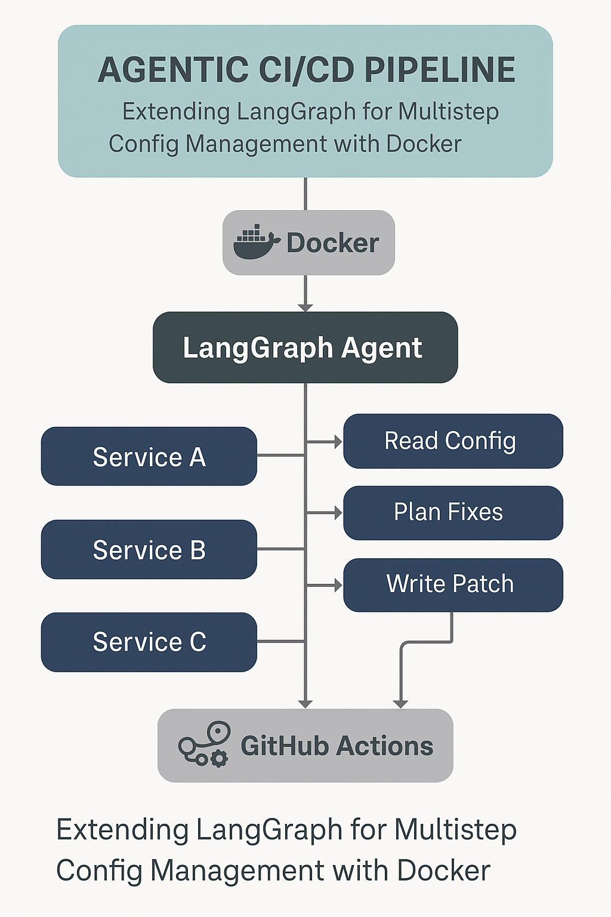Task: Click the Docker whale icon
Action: (256, 242)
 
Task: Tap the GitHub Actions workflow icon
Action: (203, 744)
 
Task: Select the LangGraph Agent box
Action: (305, 347)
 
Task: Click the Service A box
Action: (149, 457)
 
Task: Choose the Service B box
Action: (149, 550)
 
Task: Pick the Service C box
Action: (149, 642)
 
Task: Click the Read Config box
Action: (453, 441)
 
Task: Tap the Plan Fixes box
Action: (453, 513)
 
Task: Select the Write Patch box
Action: (453, 584)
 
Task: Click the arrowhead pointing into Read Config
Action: (338, 442)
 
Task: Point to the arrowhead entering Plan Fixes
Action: (338, 513)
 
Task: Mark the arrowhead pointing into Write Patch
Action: (338, 586)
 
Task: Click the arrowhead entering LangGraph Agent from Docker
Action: (305, 307)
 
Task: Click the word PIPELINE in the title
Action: (440, 70)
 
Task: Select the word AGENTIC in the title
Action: (174, 70)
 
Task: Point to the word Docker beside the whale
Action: (332, 243)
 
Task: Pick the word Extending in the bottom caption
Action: (122, 830)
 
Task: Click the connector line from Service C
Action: (281, 642)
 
